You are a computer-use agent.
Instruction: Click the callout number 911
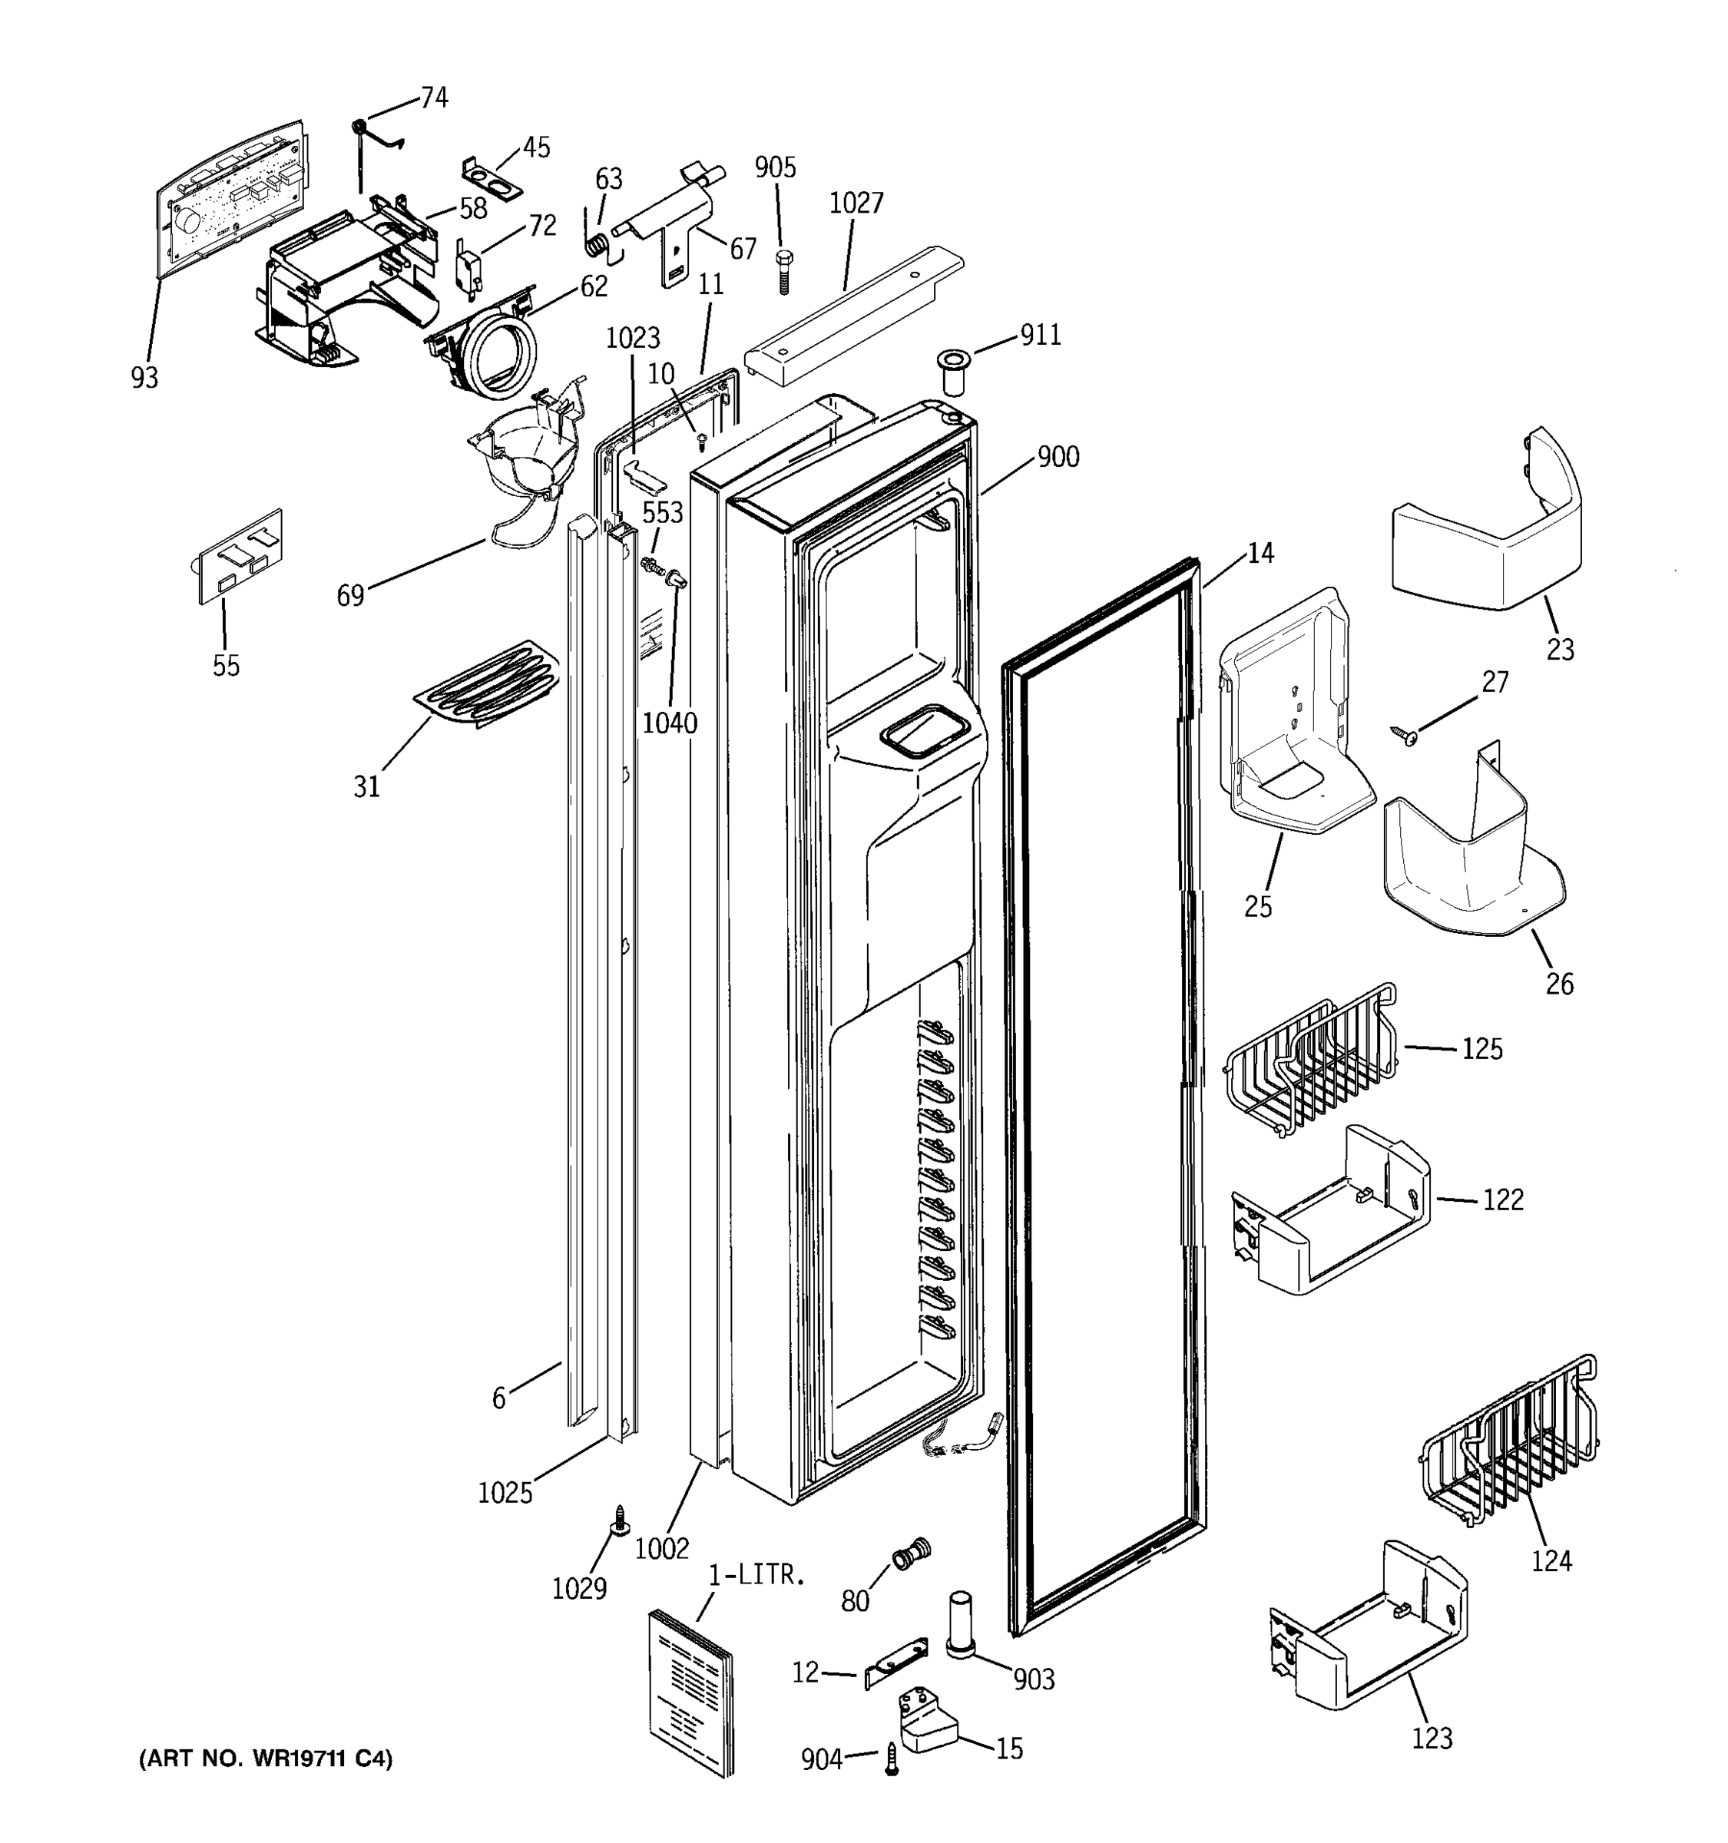[1040, 335]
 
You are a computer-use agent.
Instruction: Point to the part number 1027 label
[856, 203]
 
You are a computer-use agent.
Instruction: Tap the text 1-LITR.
[756, 1574]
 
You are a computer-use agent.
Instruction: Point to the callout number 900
[1058, 456]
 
